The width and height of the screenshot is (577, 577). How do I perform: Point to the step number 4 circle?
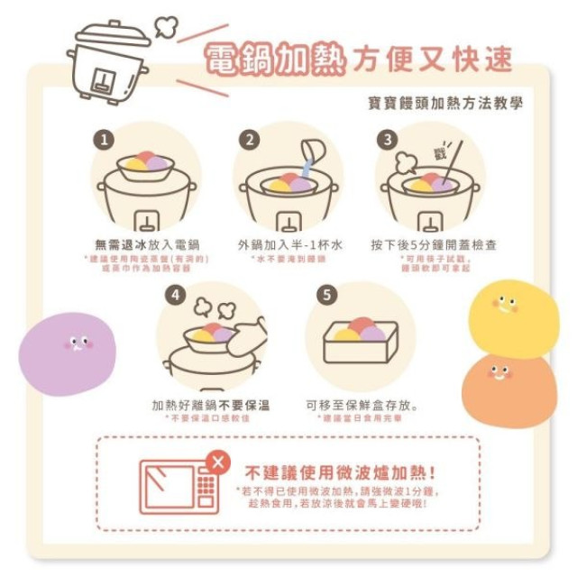(177, 295)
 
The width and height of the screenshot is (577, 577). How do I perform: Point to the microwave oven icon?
(179, 486)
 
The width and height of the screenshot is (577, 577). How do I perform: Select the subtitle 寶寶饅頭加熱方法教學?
(445, 103)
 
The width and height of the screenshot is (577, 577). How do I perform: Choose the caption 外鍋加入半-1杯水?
(288, 244)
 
